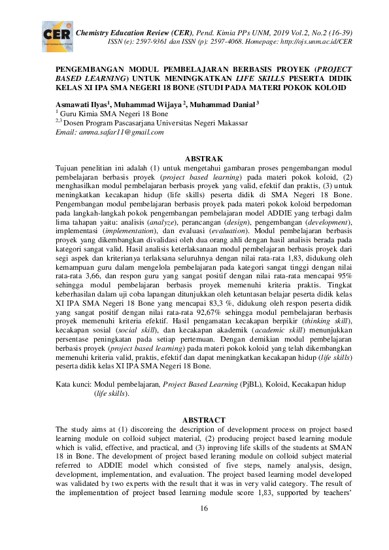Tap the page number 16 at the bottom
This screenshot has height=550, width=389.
pyautogui.click(x=203, y=509)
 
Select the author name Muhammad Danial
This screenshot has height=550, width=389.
pyautogui.click(x=223, y=104)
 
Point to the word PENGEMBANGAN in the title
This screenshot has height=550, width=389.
pyautogui.click(x=93, y=68)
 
